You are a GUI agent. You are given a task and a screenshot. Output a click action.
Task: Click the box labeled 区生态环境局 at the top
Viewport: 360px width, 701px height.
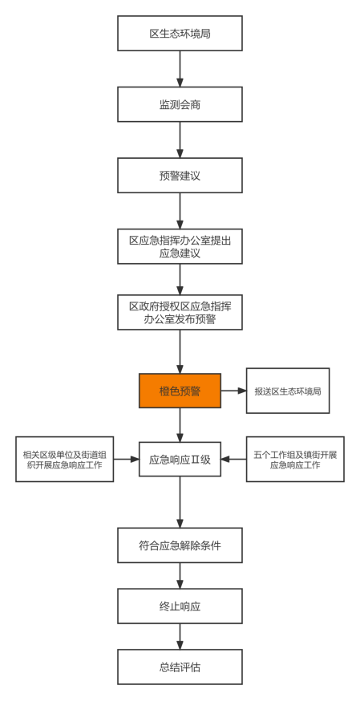point(180,33)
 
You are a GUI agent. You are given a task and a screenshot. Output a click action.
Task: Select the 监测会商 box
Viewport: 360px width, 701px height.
point(180,104)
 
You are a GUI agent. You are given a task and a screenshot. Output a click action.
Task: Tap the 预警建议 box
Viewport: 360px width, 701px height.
point(180,175)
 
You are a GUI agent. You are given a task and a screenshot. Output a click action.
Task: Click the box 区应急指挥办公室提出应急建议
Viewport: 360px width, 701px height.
point(180,246)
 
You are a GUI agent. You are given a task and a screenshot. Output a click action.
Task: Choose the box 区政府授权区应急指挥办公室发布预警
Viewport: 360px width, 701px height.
point(180,312)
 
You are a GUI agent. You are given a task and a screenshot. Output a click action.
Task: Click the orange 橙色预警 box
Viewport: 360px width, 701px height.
point(180,391)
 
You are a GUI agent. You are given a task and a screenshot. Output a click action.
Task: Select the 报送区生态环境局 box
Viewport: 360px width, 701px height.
point(288,391)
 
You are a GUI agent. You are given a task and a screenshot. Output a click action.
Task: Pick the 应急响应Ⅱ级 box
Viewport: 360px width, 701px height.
point(180,459)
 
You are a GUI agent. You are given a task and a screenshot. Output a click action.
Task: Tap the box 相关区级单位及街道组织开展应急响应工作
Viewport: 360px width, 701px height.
point(65,459)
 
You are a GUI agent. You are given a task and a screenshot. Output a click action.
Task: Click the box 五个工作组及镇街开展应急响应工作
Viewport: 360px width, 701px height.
point(295,459)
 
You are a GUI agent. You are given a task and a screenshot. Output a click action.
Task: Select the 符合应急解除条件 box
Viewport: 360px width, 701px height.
point(180,545)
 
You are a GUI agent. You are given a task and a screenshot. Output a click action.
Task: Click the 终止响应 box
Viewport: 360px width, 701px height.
point(180,606)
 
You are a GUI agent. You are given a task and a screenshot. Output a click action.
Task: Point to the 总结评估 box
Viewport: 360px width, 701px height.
point(180,667)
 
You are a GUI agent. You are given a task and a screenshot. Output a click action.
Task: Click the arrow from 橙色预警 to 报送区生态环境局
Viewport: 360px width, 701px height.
point(233,391)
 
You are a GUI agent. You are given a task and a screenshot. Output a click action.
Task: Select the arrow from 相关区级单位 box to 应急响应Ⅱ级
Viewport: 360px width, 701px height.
point(127,459)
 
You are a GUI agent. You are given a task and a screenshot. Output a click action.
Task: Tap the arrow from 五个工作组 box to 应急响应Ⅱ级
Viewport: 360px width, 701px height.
point(233,459)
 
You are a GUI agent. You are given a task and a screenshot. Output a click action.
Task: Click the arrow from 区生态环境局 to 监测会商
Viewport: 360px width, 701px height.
point(180,69)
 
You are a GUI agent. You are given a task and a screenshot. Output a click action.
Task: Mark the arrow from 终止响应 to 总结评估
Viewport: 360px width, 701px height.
point(180,637)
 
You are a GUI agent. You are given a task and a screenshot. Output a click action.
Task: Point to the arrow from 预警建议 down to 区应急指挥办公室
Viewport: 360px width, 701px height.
point(180,211)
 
